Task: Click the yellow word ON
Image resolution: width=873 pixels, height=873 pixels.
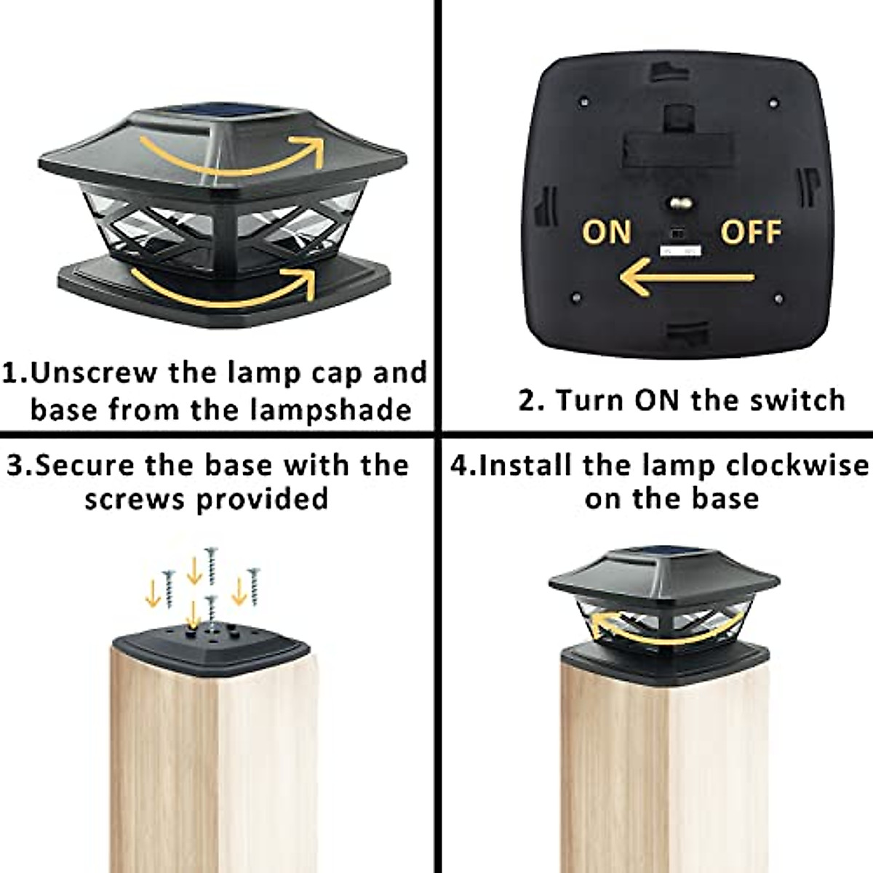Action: click(x=606, y=232)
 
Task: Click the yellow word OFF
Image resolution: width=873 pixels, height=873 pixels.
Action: click(x=751, y=232)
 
